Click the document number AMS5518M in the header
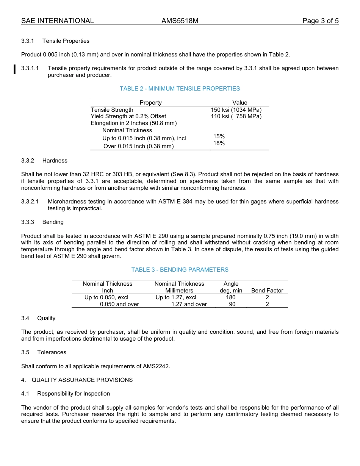click(180, 21)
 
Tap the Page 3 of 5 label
click(320, 21)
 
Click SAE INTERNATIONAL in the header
click(57, 21)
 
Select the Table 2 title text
click(180, 89)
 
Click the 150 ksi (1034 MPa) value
click(236, 110)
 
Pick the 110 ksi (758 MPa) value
click(236, 116)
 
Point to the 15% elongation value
click(219, 136)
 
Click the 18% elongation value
click(219, 143)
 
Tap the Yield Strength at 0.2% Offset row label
click(128, 116)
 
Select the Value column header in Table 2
click(239, 103)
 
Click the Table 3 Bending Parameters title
click(180, 270)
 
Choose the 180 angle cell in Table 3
click(230, 297)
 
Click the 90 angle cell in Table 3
click(232, 304)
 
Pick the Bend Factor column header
click(267, 291)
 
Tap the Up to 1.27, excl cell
click(176, 297)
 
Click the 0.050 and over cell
click(119, 304)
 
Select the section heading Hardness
click(55, 161)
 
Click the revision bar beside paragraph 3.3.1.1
click(14, 70)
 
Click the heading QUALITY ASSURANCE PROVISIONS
click(82, 380)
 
